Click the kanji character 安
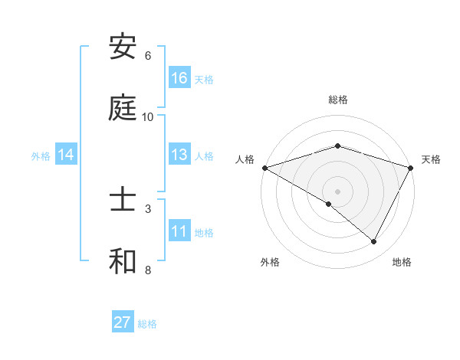pyautogui.click(x=123, y=47)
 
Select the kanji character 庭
pyautogui.click(x=123, y=108)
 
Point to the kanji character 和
pyautogui.click(x=123, y=261)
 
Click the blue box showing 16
pyautogui.click(x=179, y=78)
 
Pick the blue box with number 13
pyautogui.click(x=179, y=155)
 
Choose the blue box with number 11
pyautogui.click(x=179, y=231)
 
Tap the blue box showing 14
pyautogui.click(x=66, y=155)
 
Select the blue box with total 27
pyautogui.click(x=123, y=322)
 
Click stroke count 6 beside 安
pyautogui.click(x=148, y=56)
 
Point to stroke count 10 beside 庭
pyautogui.click(x=148, y=116)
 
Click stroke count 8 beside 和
pyautogui.click(x=148, y=270)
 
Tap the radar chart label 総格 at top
pyautogui.click(x=338, y=100)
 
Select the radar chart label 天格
pyautogui.click(x=431, y=159)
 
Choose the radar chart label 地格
pyautogui.click(x=402, y=262)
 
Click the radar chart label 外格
pyautogui.click(x=270, y=262)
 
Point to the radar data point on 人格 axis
pyautogui.click(x=264, y=168)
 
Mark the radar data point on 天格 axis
pyautogui.click(x=411, y=168)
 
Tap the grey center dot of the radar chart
pyautogui.click(x=338, y=191)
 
